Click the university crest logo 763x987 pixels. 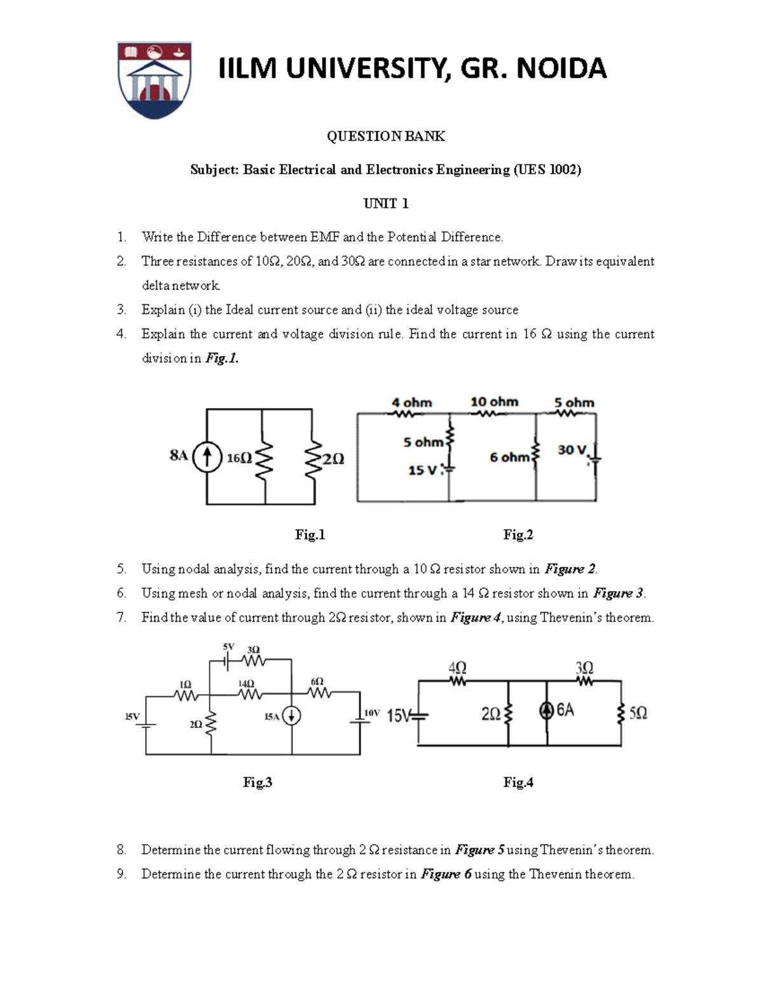pos(155,80)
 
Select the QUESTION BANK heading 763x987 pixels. pos(386,136)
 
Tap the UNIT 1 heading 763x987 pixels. pos(386,203)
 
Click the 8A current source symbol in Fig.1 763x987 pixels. pos(206,456)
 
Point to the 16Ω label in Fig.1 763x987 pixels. pos(239,458)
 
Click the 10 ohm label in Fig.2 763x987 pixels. pos(494,402)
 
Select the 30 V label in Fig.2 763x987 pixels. pos(572,450)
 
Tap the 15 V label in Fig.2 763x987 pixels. pos(422,470)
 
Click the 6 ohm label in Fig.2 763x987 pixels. pos(509,457)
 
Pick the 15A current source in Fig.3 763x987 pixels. pos(291,716)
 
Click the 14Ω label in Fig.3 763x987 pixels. pos(246,683)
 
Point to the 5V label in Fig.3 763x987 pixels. pos(228,646)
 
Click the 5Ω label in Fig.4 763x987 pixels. pos(638,713)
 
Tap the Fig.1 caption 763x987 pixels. pos(310,534)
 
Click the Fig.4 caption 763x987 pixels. pos(518,782)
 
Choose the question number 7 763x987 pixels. pos(121,617)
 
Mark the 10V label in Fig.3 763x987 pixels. pos(371,714)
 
